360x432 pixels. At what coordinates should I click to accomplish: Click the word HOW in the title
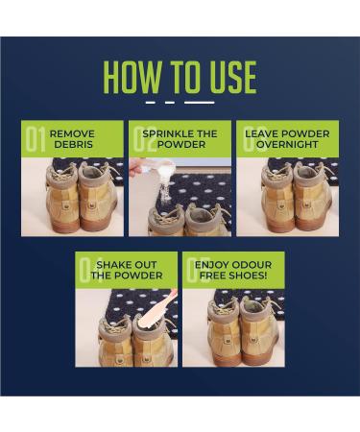tap(133, 77)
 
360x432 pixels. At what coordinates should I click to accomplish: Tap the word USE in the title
tap(230, 77)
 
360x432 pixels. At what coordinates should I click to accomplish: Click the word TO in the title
tap(184, 77)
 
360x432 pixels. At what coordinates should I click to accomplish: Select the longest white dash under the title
tap(200, 103)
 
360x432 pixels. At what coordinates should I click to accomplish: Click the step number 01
tap(36, 139)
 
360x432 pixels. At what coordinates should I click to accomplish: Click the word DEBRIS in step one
tap(73, 144)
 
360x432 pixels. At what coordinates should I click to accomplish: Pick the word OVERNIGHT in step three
tap(287, 144)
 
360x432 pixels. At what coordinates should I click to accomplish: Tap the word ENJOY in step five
tap(211, 265)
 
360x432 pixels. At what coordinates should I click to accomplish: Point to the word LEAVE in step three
tap(262, 133)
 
